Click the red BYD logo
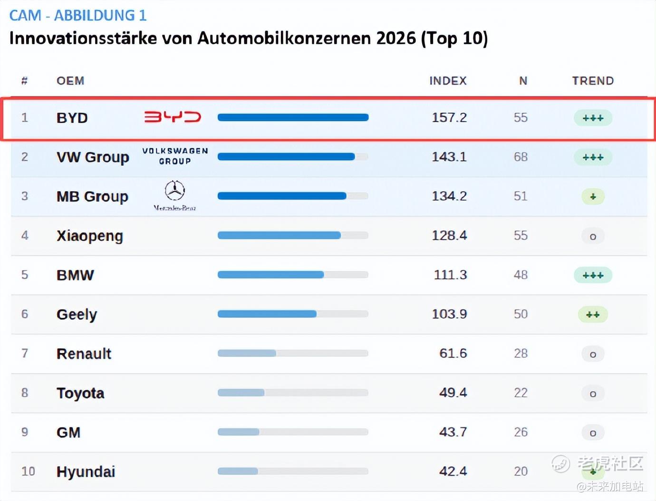[173, 117]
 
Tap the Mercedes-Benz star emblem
[174, 191]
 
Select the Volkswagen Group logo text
[175, 156]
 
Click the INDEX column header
[448, 81]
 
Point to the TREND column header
[593, 81]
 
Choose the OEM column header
[70, 81]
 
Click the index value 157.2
[449, 117]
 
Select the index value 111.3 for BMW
[450, 275]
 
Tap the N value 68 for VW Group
[521, 157]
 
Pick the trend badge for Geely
[593, 314]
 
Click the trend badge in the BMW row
[593, 275]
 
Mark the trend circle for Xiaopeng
[593, 236]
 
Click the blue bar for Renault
[247, 353]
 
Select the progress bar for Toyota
[293, 393]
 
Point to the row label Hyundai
[86, 472]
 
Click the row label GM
[68, 432]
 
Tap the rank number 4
[25, 235]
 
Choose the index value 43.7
[453, 432]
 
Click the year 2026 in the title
[396, 38]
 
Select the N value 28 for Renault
[521, 353]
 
